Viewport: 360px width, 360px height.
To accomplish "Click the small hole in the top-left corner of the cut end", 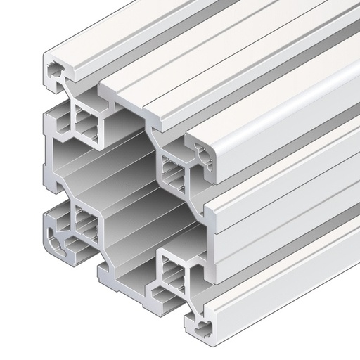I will [x=55, y=70].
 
